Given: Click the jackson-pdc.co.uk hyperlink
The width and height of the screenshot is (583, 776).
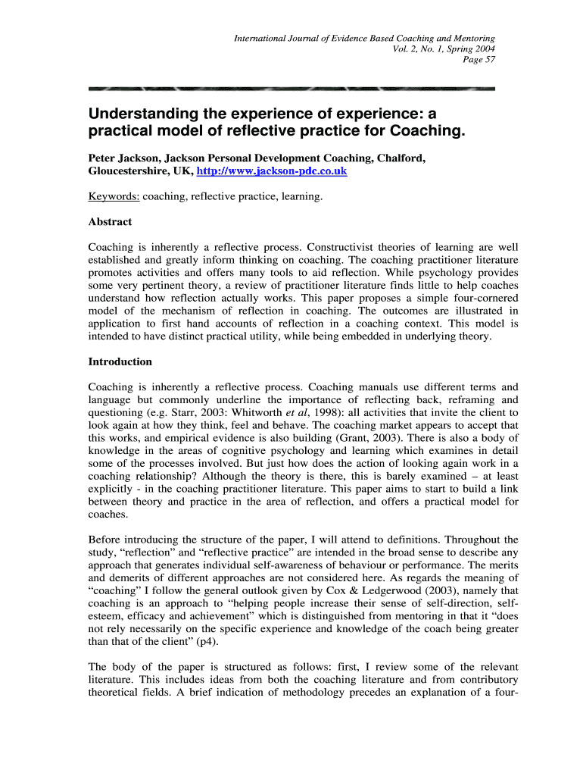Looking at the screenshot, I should click(272, 172).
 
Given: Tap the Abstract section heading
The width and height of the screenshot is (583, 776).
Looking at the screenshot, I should click(111, 222).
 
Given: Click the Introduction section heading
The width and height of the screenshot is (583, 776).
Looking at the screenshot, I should click(120, 361).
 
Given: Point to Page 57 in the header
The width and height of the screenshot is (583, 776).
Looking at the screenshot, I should click(479, 60).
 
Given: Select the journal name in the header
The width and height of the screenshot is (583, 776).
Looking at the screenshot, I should click(364, 38).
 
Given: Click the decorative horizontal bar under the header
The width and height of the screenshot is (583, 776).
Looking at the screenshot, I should click(291, 88).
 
